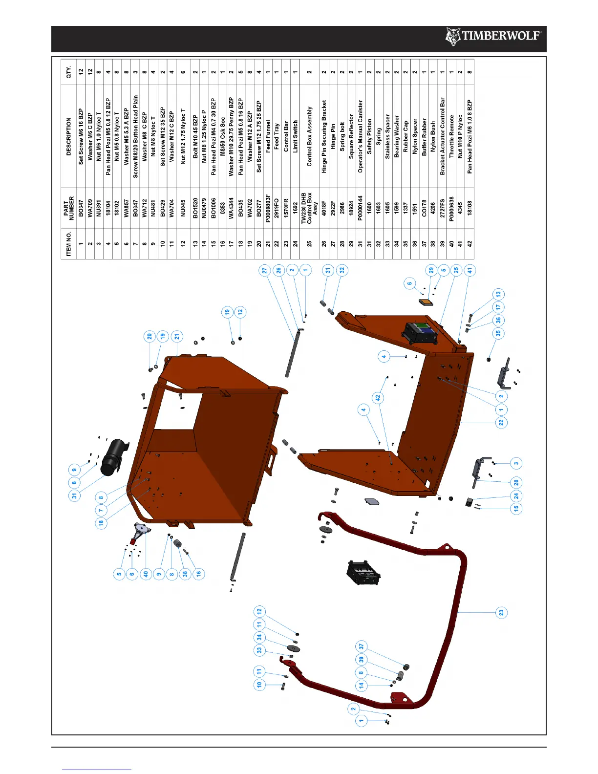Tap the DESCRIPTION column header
69,136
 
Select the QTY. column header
69,72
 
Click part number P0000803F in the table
268,207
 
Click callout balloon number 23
501,612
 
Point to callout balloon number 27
264,270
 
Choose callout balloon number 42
378,398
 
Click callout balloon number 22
501,422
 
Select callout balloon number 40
146,574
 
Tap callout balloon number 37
362,646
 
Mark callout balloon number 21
177,336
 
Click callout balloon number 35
498,333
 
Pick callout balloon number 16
198,574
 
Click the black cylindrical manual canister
113,456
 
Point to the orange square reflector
427,302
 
